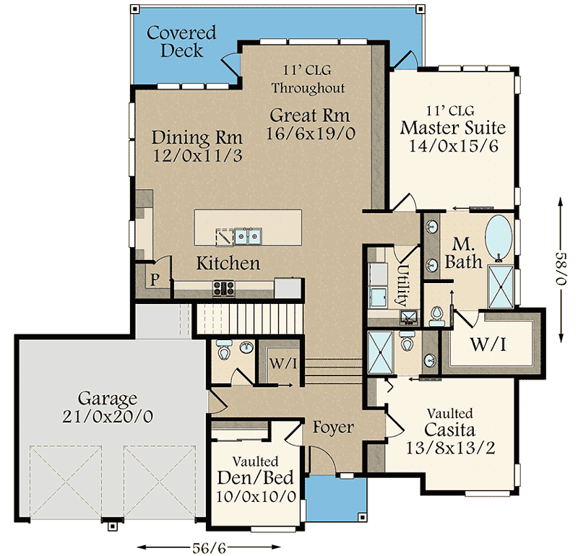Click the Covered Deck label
(x=181, y=41)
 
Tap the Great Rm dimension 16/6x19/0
(x=311, y=134)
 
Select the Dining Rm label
(x=197, y=137)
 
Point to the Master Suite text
(x=453, y=128)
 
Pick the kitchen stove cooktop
(x=224, y=289)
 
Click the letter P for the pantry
(x=155, y=279)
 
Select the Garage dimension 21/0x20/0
(x=107, y=417)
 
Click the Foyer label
(x=333, y=427)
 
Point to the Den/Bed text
(x=256, y=477)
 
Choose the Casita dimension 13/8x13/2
(x=450, y=448)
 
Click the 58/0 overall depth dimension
(x=561, y=268)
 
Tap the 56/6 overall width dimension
(x=209, y=548)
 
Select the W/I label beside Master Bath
(x=488, y=344)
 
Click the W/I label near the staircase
(x=283, y=363)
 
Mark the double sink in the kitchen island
(x=248, y=236)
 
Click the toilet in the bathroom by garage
(x=223, y=350)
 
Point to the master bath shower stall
(x=500, y=286)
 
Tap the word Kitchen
(x=228, y=264)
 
